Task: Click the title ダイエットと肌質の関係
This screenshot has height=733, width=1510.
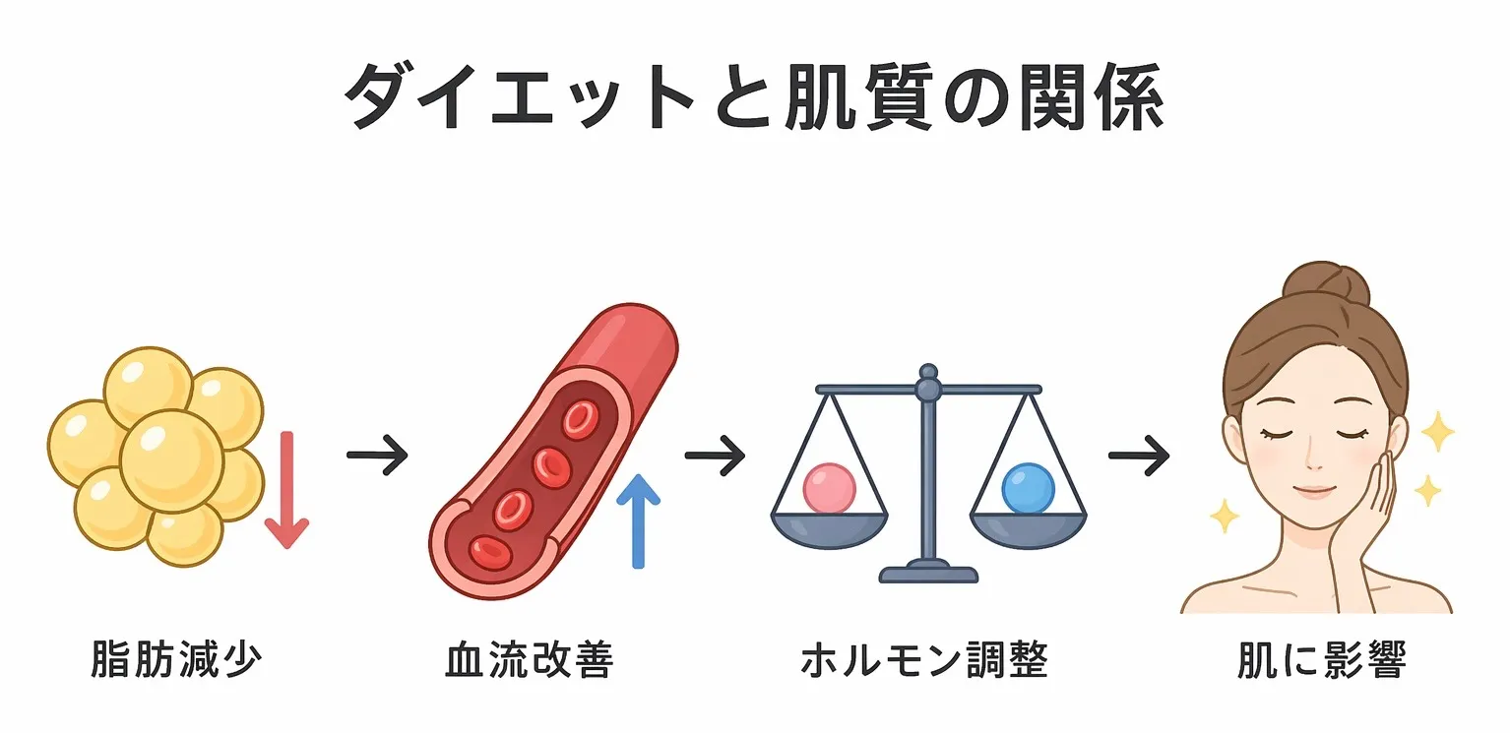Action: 754,98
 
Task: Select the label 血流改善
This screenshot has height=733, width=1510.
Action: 530,661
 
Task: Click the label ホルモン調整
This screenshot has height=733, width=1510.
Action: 924,661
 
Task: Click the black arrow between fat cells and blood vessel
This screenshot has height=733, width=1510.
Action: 377,455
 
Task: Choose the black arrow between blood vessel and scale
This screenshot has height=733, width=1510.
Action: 715,455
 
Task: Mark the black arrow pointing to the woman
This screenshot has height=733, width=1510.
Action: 1139,455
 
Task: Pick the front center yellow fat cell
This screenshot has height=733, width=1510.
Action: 171,459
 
